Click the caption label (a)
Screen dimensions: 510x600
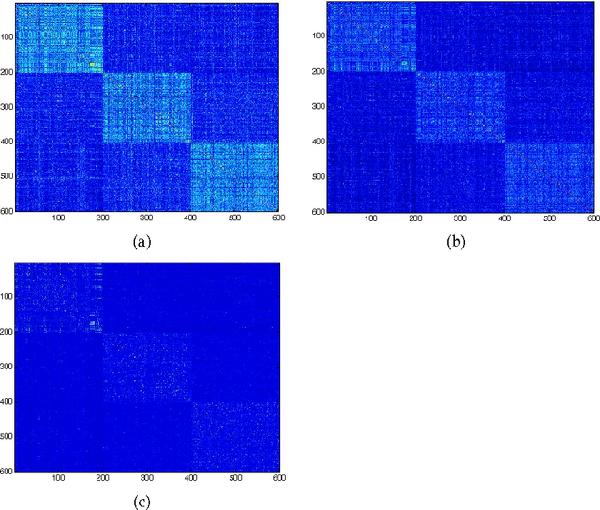click(x=142, y=242)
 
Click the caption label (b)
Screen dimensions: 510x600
click(x=457, y=242)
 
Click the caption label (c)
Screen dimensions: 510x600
click(x=142, y=501)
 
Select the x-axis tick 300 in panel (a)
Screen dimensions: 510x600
click(x=234, y=217)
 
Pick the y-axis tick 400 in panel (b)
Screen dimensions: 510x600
click(x=320, y=142)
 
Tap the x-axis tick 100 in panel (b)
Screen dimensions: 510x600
click(x=371, y=217)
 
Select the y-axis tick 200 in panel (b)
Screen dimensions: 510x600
click(x=320, y=72)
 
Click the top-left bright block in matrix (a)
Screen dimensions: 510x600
click(x=59, y=38)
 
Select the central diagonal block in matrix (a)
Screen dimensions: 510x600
click(x=146, y=107)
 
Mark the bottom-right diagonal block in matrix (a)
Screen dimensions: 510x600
click(x=234, y=176)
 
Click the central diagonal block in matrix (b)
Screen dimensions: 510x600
click(x=460, y=107)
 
